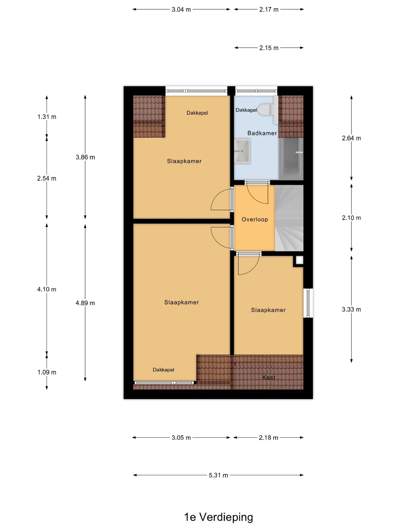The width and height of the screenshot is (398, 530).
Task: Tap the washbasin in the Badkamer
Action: tap(242, 151)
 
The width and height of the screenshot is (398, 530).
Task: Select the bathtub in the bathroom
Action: tap(291, 159)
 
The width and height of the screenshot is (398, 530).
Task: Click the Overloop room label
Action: tap(255, 219)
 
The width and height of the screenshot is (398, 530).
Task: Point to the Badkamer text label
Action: tap(262, 133)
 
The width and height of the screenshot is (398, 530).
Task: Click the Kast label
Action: tap(269, 377)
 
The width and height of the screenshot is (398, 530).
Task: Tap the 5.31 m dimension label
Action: tap(218, 475)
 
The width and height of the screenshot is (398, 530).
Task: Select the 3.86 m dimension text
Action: tap(85, 157)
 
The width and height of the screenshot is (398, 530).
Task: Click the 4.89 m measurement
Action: tap(85, 303)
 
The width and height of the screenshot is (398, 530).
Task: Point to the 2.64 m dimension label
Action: tap(351, 138)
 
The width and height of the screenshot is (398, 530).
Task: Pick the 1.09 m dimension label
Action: tap(47, 372)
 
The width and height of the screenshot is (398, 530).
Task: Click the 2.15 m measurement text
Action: tap(269, 48)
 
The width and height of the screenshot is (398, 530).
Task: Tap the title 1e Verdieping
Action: tap(218, 517)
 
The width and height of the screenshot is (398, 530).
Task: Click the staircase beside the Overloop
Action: tap(289, 218)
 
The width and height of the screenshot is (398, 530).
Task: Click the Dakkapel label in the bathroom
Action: tap(246, 110)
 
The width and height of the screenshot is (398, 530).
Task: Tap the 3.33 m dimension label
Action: tap(351, 309)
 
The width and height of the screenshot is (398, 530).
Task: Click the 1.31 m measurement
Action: tap(47, 117)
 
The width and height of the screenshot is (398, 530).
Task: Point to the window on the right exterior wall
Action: tap(308, 303)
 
